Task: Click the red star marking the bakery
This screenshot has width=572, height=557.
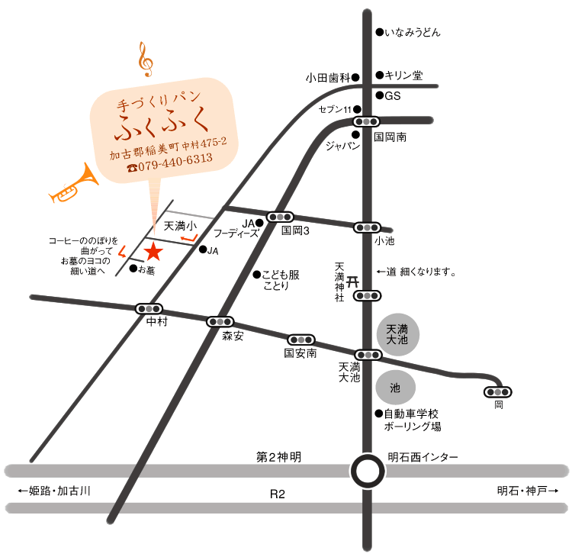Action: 153,250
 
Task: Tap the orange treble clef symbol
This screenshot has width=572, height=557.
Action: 145,60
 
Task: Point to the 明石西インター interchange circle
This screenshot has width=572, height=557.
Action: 368,470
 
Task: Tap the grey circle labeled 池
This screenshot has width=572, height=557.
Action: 395,388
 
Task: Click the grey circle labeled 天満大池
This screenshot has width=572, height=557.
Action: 398,333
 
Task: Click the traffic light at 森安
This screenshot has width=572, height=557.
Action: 220,322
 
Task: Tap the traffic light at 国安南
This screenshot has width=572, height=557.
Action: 300,340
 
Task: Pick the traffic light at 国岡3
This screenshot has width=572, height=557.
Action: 279,217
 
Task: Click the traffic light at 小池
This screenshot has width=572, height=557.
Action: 368,227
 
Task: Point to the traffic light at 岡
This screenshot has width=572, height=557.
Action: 498,392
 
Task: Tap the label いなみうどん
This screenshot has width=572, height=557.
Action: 413,33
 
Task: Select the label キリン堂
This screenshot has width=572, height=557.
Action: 404,76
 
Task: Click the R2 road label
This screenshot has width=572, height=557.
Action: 278,494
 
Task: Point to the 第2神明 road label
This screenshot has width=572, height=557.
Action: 278,457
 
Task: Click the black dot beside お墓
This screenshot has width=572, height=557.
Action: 133,269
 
